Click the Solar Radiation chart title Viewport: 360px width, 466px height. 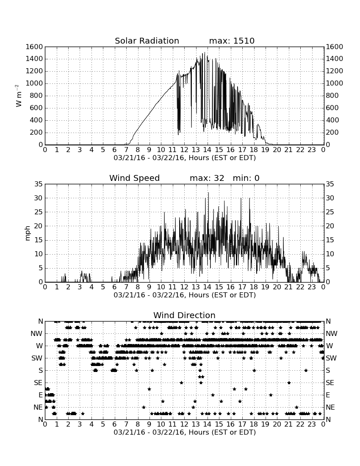pyautogui.click(x=147, y=41)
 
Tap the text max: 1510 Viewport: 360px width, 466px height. pyautogui.click(x=232, y=41)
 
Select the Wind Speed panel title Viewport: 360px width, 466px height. pyautogui.click(x=134, y=178)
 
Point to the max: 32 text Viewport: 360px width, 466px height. pyautogui.click(x=207, y=178)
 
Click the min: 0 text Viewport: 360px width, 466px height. pyautogui.click(x=246, y=178)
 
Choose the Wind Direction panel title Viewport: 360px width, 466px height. pyautogui.click(x=184, y=315)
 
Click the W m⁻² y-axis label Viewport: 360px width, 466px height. pyautogui.click(x=18, y=96)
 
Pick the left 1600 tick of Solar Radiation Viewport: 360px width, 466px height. pyautogui.click(x=34, y=47)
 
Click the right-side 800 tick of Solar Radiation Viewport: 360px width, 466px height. pyautogui.click(x=332, y=96)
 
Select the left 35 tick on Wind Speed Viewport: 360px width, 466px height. pyautogui.click(x=39, y=184)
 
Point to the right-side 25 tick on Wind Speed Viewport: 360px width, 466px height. pyautogui.click(x=330, y=212)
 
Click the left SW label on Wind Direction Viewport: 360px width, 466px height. pyautogui.click(x=37, y=358)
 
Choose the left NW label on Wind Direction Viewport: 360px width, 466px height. pyautogui.click(x=37, y=334)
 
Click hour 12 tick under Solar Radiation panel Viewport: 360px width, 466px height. pyautogui.click(x=184, y=150)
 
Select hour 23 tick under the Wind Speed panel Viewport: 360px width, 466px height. pyautogui.click(x=312, y=287)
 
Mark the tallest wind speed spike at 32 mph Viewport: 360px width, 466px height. pyautogui.click(x=208, y=193)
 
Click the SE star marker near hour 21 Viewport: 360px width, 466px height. pyautogui.click(x=289, y=383)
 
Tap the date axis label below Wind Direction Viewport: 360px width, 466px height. pyautogui.click(x=185, y=432)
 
